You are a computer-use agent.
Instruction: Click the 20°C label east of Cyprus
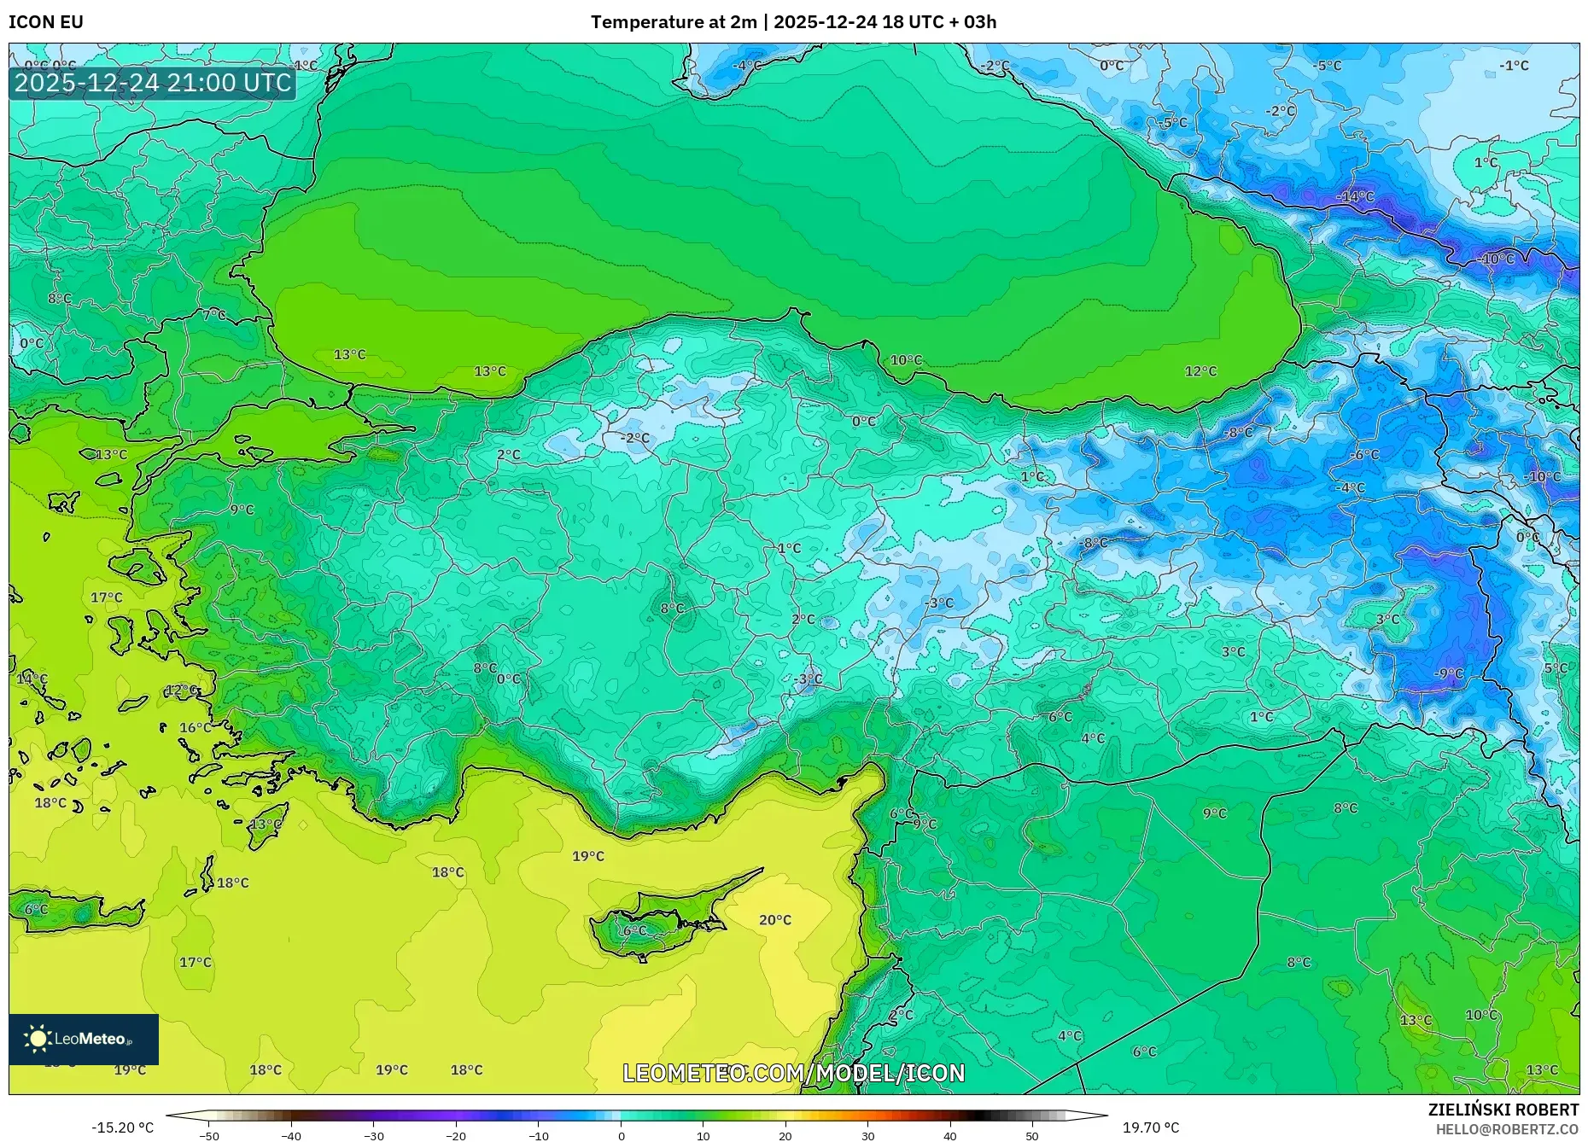(x=774, y=920)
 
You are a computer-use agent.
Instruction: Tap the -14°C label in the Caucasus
(x=1355, y=196)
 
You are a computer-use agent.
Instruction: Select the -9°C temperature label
(x=1448, y=673)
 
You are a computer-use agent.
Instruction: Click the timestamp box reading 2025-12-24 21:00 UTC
(x=153, y=83)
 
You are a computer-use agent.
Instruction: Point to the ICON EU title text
(x=46, y=22)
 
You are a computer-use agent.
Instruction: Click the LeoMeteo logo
(x=84, y=1039)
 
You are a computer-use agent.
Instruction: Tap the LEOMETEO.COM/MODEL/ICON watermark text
(x=793, y=1073)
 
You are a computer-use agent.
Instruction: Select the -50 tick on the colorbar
(x=209, y=1135)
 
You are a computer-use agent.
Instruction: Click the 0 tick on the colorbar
(x=621, y=1135)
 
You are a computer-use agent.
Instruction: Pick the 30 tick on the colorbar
(x=867, y=1135)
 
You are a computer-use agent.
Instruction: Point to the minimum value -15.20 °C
(x=123, y=1127)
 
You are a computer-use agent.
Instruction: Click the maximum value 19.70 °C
(x=1150, y=1127)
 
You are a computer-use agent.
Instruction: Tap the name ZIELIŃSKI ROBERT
(x=1503, y=1110)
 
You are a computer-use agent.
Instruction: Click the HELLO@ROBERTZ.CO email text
(x=1506, y=1129)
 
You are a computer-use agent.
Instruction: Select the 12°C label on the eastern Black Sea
(x=1200, y=371)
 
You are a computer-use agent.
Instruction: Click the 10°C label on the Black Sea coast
(x=906, y=360)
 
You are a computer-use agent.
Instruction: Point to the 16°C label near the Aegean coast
(x=195, y=728)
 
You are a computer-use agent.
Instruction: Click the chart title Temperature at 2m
(x=673, y=22)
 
